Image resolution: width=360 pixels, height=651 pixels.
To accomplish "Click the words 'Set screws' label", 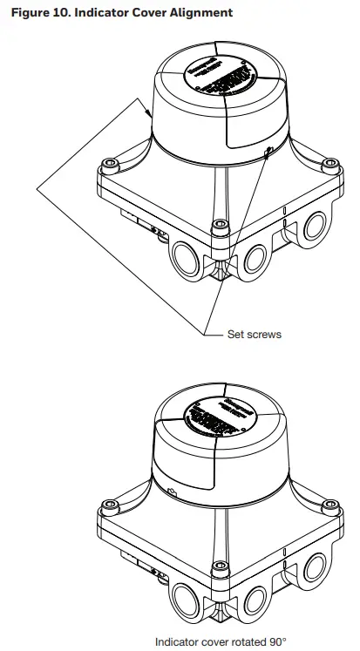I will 254,335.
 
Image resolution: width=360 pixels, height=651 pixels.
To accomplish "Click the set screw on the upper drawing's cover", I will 268,152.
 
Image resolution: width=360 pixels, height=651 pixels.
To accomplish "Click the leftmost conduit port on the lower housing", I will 185,600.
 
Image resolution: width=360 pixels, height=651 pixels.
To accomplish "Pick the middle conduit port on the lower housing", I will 256,600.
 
